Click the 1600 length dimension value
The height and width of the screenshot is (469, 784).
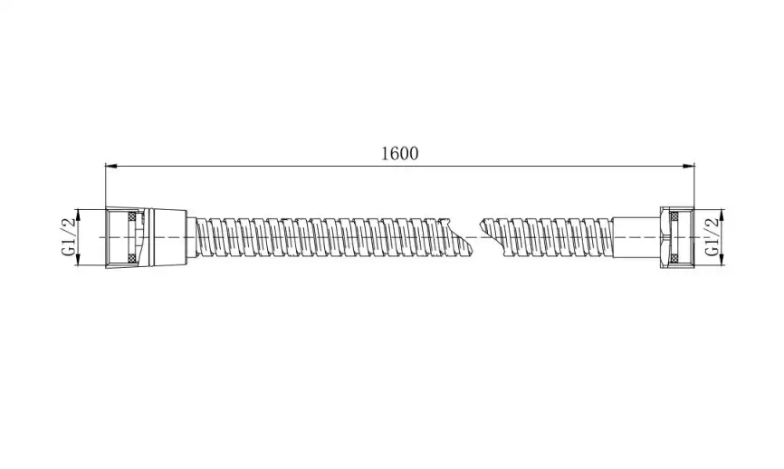pos(400,153)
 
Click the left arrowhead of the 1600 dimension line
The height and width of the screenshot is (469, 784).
pos(111,166)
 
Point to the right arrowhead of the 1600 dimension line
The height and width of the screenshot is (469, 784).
pos(689,166)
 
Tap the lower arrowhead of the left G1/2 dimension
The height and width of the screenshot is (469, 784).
pos(78,259)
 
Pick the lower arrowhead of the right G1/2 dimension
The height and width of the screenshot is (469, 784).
pos(722,259)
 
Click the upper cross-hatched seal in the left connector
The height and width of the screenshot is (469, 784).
pos(132,216)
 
